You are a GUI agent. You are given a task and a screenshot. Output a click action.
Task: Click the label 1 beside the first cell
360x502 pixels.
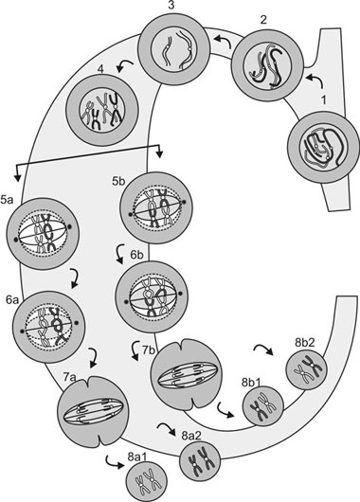(324, 100)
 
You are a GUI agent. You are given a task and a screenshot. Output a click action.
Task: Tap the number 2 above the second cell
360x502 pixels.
(263, 20)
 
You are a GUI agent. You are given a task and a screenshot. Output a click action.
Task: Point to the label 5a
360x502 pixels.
(7, 201)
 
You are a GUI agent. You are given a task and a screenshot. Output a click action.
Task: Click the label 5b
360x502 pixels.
(118, 182)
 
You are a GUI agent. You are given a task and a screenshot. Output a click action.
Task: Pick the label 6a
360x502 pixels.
(12, 300)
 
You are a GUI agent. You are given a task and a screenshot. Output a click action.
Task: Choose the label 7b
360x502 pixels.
(149, 350)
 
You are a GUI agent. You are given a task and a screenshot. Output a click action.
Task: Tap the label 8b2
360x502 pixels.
(305, 343)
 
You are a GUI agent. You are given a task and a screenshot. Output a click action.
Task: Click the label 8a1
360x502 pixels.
(137, 457)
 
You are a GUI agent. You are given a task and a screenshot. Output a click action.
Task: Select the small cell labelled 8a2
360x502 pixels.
(200, 461)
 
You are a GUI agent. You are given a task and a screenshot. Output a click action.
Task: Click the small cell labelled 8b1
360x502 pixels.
(262, 406)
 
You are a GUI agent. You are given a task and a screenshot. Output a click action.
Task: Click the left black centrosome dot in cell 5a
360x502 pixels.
(15, 240)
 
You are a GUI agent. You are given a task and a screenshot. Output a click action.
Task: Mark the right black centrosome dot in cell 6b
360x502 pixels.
(180, 294)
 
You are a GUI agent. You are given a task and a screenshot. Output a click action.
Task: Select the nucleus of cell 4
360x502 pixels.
(102, 111)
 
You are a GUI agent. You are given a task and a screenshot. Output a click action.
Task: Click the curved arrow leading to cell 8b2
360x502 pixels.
(263, 350)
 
